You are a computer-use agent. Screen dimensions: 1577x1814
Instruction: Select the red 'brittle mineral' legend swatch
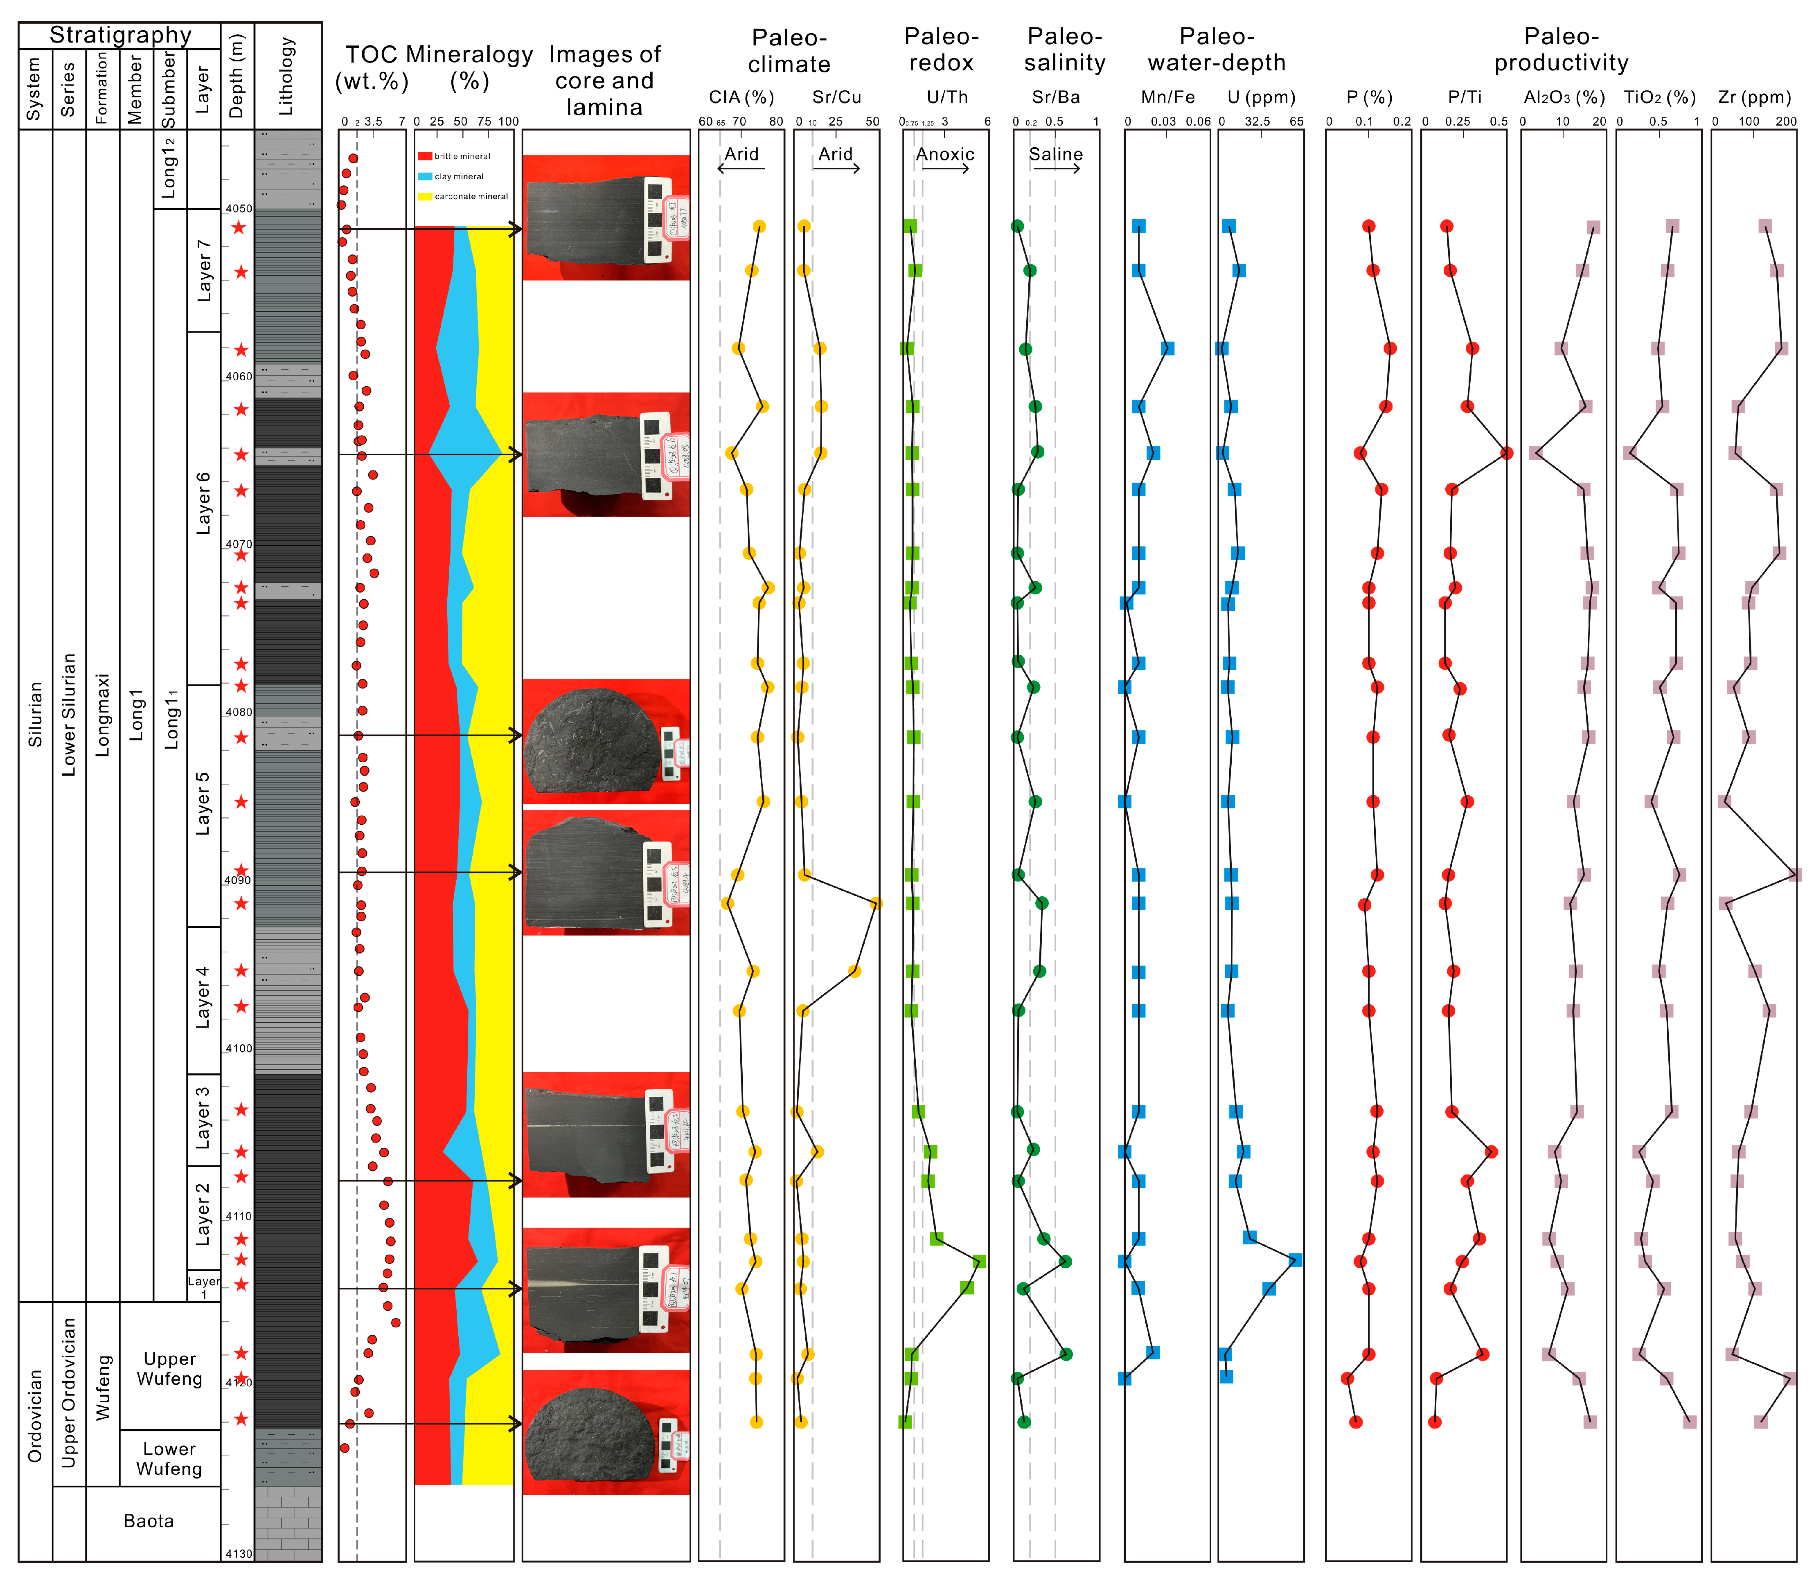coord(425,156)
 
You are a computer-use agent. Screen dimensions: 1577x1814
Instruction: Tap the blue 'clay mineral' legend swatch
coord(425,176)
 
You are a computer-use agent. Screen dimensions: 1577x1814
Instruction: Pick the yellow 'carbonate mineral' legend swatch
coord(425,196)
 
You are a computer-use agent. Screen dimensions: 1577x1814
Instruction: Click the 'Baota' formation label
coord(149,1521)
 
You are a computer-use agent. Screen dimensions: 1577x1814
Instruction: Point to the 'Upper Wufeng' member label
coord(170,1368)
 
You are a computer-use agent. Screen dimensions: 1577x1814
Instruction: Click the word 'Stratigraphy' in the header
coord(121,34)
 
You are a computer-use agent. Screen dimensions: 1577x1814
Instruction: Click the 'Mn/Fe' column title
coord(1168,97)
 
